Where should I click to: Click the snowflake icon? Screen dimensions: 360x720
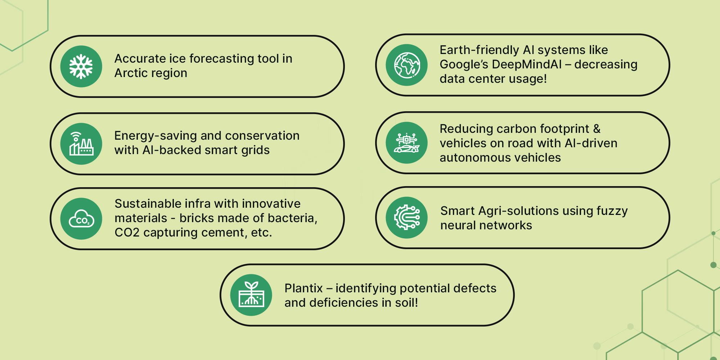(81, 67)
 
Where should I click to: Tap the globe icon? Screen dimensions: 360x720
(407, 65)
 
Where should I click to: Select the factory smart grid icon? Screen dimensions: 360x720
(81, 144)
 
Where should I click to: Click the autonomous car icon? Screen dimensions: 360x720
(407, 143)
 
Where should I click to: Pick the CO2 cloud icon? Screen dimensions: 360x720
(81, 219)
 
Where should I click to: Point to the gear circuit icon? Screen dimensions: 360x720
(407, 217)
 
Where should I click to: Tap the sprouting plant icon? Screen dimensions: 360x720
(251, 295)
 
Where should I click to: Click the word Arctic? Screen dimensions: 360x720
(131, 73)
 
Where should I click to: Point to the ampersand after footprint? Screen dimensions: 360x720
(597, 129)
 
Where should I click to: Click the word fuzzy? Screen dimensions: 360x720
(612, 211)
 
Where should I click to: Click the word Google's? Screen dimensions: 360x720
(464, 64)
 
